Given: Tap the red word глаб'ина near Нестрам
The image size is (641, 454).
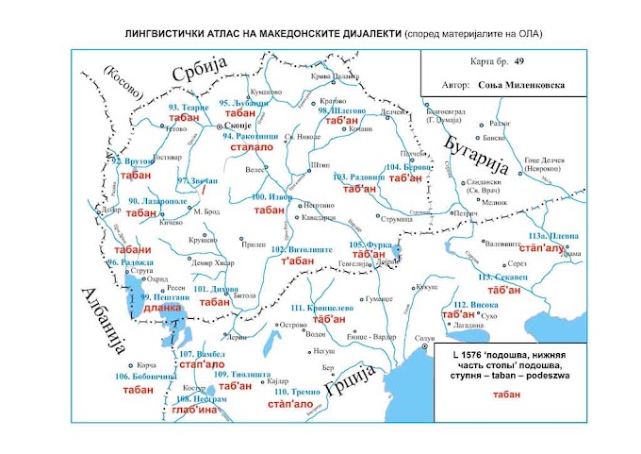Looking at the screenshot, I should (197, 410).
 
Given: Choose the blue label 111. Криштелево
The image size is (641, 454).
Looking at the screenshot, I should (323, 308).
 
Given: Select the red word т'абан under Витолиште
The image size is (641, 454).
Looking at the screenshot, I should (298, 261).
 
